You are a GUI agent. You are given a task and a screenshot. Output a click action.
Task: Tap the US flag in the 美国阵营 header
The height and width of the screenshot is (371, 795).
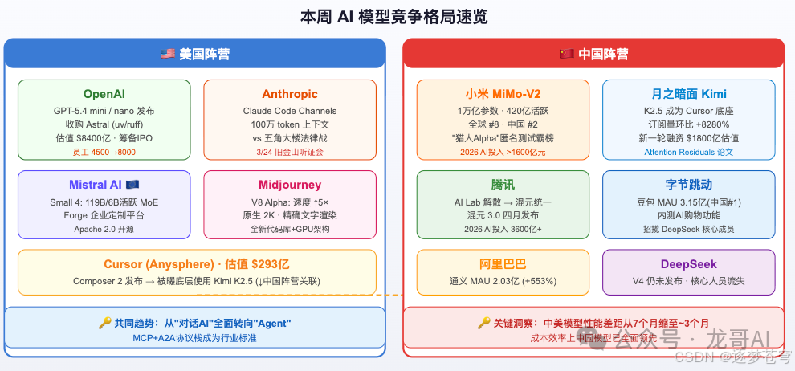click(167, 55)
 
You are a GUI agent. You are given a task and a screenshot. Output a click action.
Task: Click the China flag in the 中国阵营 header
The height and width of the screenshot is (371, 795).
click(566, 55)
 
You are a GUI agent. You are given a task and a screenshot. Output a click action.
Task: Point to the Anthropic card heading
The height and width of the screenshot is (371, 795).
click(290, 95)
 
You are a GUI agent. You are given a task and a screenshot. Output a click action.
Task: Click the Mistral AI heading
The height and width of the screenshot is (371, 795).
click(96, 185)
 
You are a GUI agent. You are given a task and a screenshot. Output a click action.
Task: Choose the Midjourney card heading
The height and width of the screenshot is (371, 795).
click(290, 185)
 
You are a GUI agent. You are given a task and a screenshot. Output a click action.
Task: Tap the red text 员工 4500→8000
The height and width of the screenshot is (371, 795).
click(104, 152)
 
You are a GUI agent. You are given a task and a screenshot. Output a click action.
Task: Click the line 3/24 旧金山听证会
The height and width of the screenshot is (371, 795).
click(290, 152)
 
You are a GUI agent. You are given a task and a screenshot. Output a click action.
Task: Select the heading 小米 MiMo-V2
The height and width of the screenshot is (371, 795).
click(502, 95)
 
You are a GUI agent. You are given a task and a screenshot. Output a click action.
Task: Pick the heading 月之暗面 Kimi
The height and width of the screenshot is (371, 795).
click(688, 95)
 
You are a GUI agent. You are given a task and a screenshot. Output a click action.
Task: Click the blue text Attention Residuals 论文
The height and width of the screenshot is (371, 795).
click(688, 152)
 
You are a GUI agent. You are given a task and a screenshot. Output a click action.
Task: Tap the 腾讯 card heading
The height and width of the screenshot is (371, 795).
click(502, 185)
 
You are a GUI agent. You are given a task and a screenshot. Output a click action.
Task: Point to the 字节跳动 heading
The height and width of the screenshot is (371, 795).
click(688, 185)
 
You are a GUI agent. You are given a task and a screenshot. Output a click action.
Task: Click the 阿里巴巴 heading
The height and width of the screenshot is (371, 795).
click(502, 264)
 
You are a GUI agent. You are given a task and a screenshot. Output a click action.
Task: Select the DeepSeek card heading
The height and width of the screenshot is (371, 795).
click(688, 264)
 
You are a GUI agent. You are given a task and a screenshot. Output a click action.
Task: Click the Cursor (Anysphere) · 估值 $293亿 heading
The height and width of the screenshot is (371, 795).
click(197, 264)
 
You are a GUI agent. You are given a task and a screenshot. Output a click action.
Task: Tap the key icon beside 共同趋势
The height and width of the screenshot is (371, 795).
click(104, 323)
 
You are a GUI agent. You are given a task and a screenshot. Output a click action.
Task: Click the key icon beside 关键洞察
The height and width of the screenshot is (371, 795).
click(483, 323)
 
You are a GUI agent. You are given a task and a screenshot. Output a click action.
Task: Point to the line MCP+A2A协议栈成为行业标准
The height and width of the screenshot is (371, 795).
click(194, 338)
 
